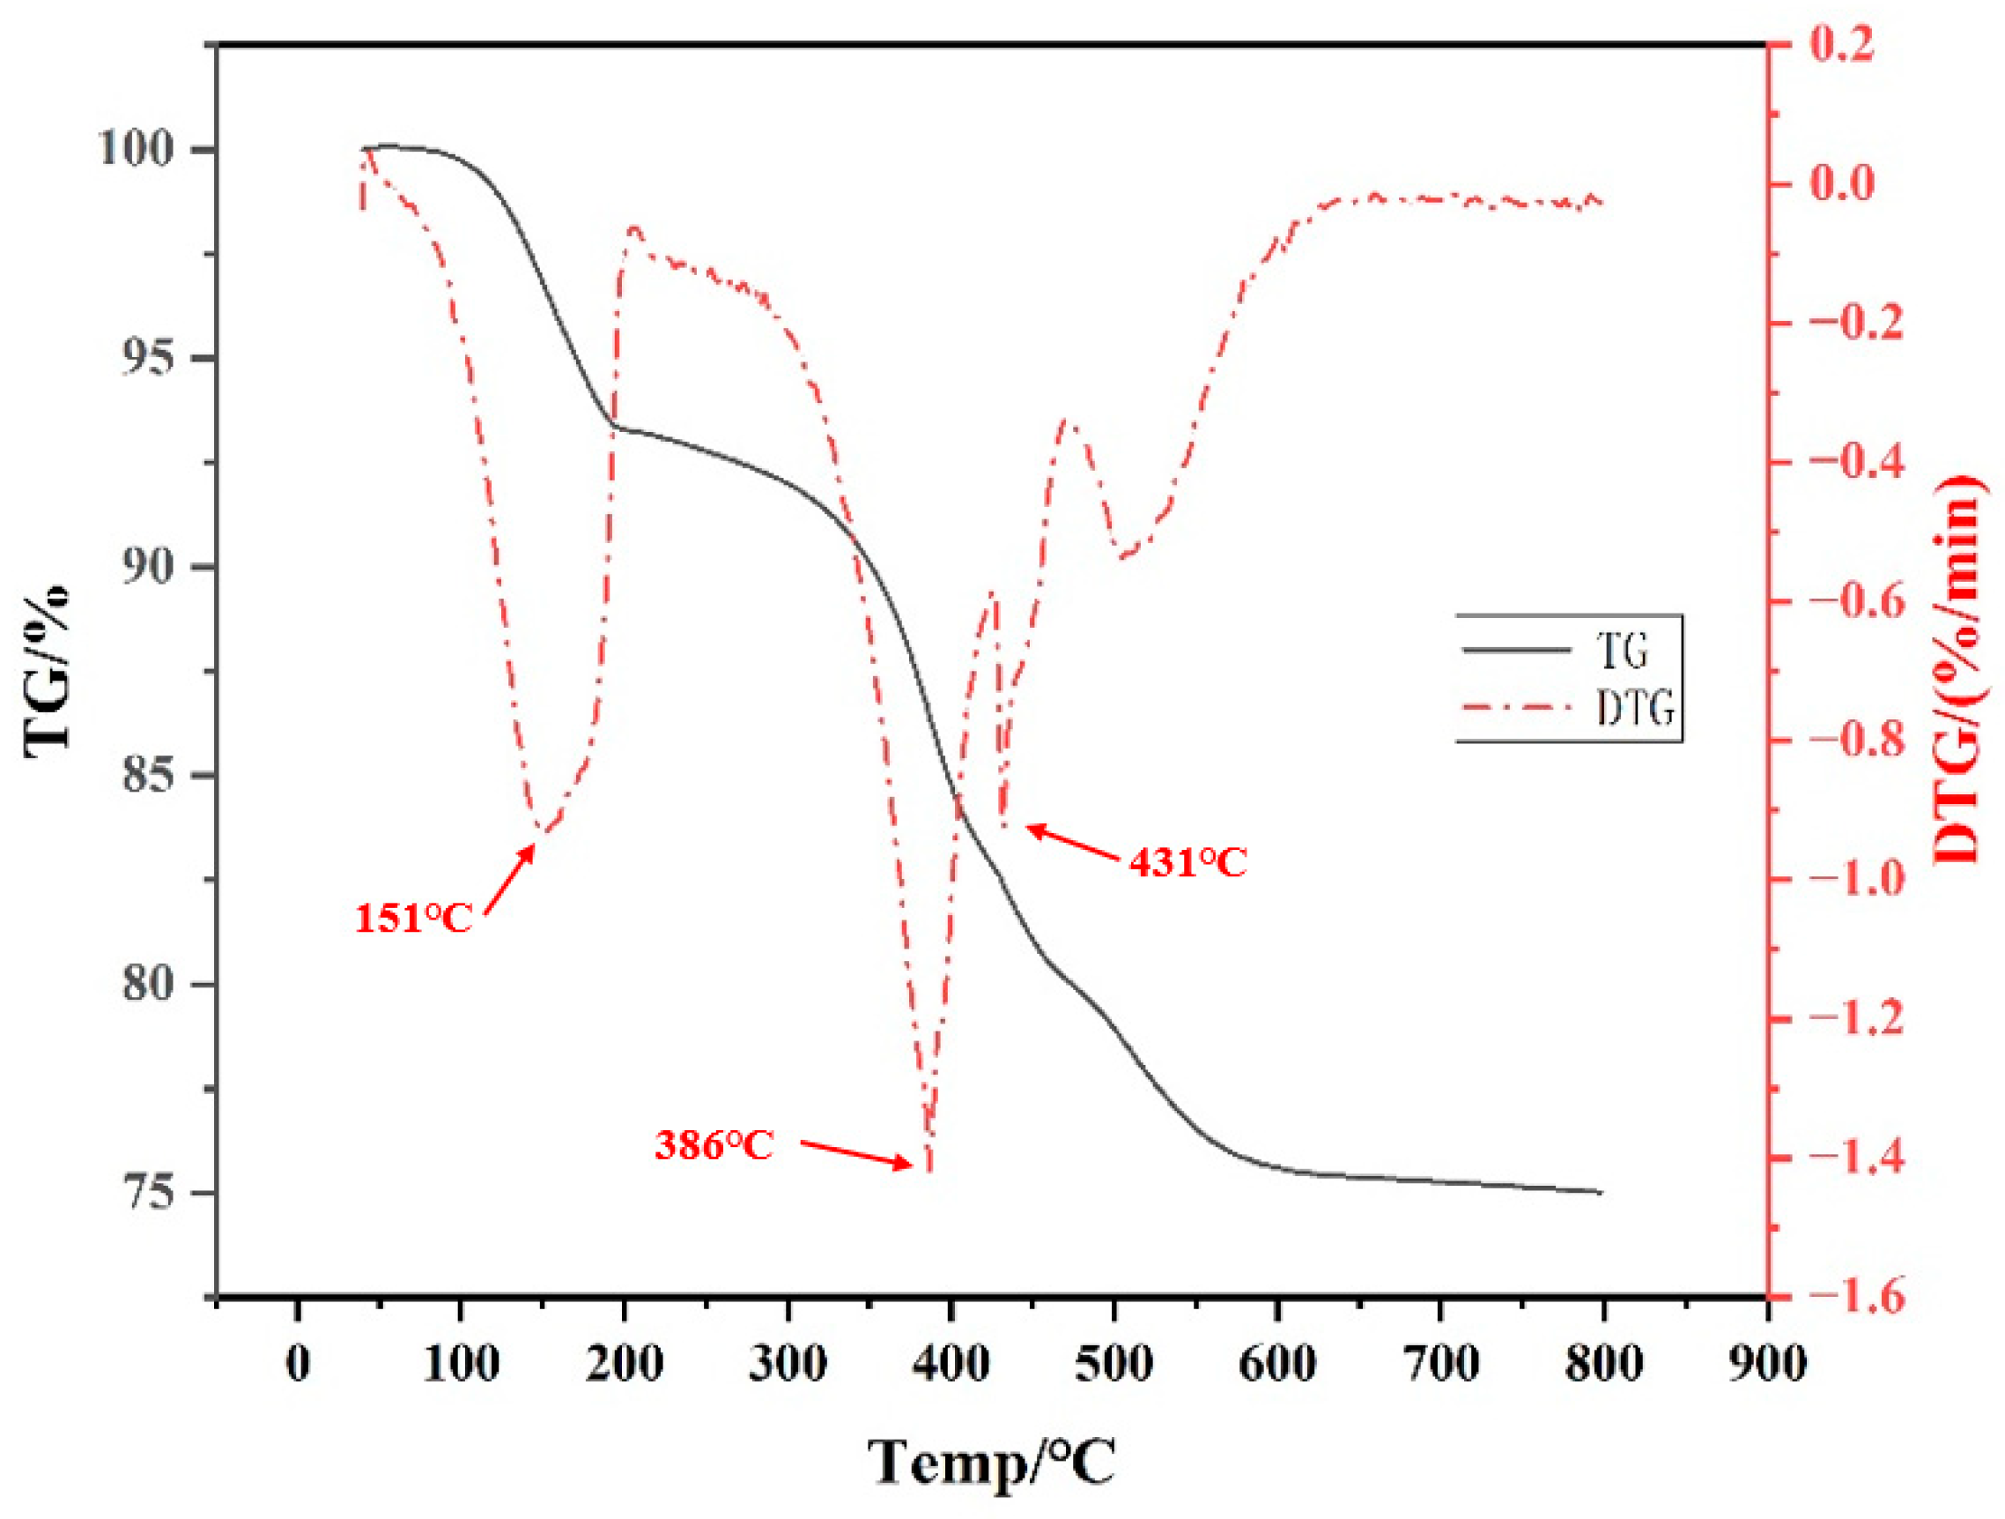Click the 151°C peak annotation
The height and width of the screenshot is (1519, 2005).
pyautogui.click(x=413, y=919)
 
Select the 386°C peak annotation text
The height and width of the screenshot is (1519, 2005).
pyautogui.click(x=714, y=1146)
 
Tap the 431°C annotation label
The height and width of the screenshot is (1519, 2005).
pyautogui.click(x=1187, y=862)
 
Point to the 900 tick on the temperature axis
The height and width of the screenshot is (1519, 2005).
pyautogui.click(x=1766, y=1364)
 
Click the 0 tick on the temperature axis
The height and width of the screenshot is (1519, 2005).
pyautogui.click(x=297, y=1364)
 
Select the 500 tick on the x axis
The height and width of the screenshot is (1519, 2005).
pyautogui.click(x=1114, y=1364)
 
